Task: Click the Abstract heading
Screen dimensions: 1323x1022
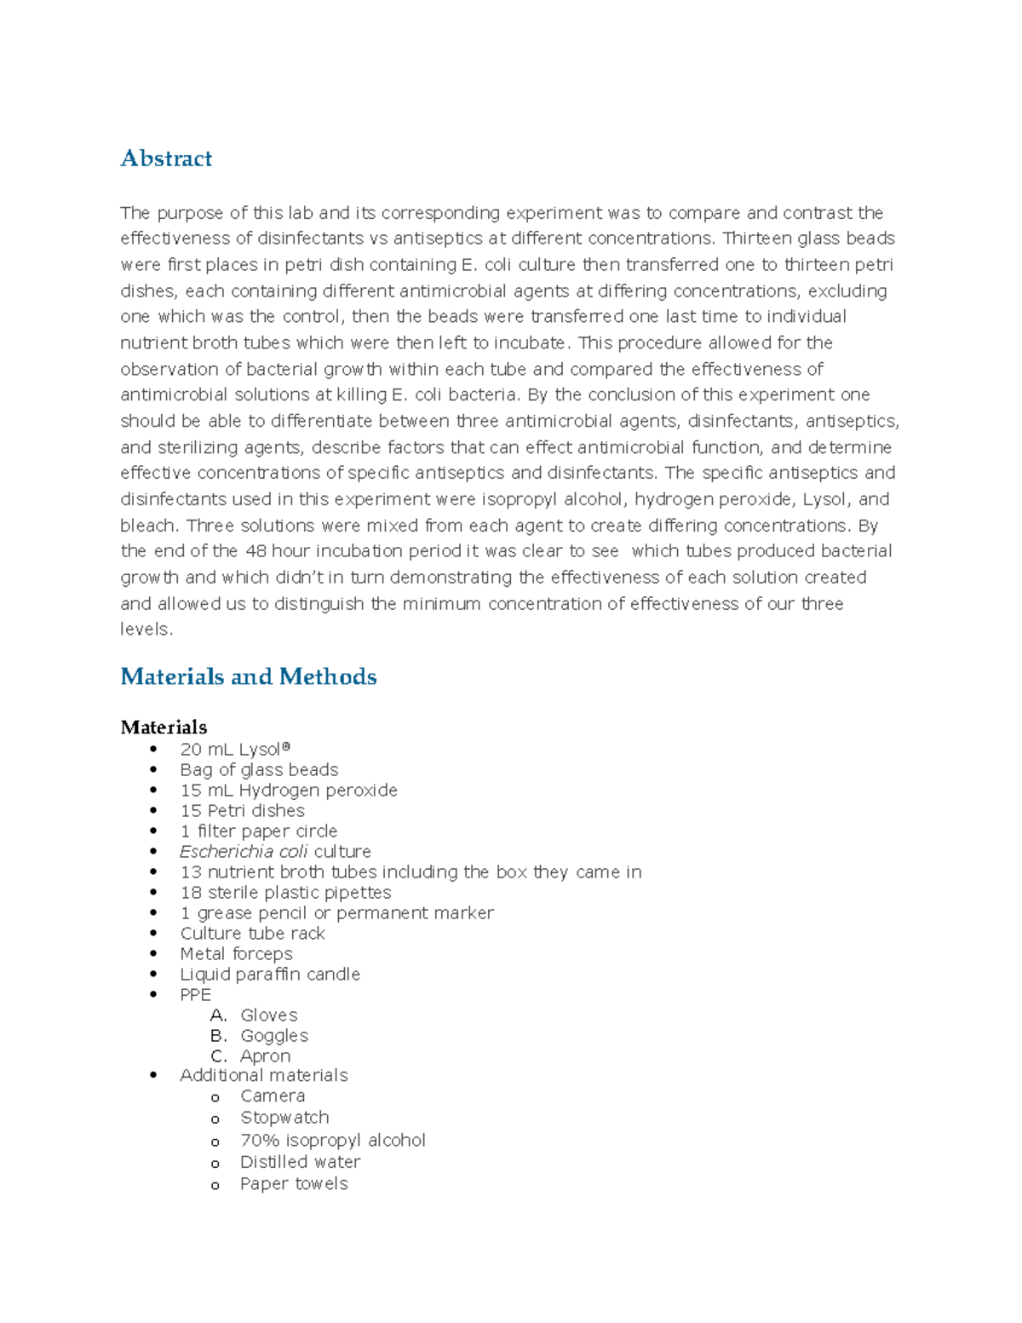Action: point(166,158)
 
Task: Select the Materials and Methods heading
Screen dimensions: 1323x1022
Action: point(248,676)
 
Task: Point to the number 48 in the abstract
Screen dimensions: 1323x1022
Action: point(255,551)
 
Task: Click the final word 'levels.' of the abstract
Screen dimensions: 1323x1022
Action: point(146,630)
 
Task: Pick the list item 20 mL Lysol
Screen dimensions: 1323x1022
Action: point(234,750)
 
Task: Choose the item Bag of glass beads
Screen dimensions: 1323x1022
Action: point(259,770)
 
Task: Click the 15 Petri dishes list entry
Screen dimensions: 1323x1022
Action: point(242,811)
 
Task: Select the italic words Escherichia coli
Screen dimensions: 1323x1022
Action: point(244,852)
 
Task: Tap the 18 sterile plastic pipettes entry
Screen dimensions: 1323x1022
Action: point(285,893)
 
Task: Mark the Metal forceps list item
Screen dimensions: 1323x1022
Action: point(236,954)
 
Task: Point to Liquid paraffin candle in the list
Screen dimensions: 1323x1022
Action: point(269,975)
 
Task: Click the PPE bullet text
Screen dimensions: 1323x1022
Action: point(195,995)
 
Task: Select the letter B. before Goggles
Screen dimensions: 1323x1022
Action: point(218,1036)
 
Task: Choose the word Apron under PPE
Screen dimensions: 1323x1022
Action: point(265,1056)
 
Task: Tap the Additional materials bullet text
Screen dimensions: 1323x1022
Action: point(263,1076)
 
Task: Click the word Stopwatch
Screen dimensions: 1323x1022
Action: point(284,1118)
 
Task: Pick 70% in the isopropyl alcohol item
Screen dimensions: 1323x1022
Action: point(259,1141)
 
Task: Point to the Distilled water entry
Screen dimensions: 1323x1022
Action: point(300,1162)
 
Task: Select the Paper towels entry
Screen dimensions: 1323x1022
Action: point(294,1184)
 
